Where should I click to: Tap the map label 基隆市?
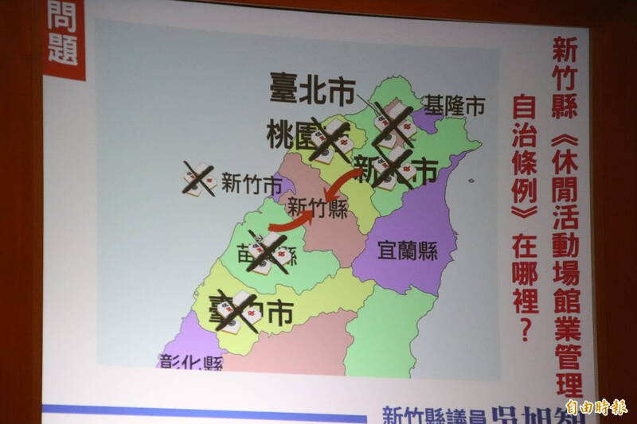point(453,106)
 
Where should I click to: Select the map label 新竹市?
point(252,185)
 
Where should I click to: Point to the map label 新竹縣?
point(317,208)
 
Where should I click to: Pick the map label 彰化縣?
point(191,363)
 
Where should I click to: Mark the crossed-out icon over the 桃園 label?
point(330,142)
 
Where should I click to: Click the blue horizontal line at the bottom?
point(199,410)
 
